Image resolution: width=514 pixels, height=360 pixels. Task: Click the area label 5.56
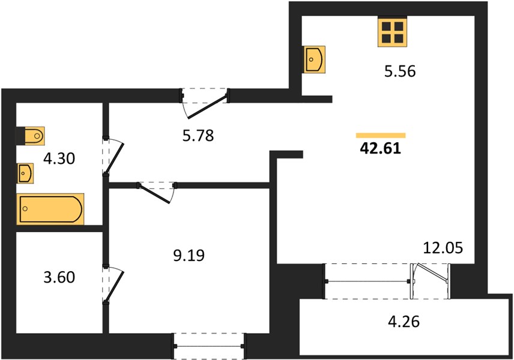point(400,71)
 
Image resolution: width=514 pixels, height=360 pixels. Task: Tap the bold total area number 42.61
point(380,148)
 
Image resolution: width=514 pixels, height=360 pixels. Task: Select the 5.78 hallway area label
point(198,135)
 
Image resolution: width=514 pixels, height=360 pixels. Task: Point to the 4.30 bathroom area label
point(59,158)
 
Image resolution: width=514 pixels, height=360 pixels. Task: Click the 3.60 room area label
point(59,277)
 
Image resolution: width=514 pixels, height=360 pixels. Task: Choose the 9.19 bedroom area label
point(189,256)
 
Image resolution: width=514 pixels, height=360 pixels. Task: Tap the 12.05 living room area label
point(443,248)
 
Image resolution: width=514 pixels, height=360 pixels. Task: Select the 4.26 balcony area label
point(404,322)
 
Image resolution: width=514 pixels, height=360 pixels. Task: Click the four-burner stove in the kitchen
point(392,32)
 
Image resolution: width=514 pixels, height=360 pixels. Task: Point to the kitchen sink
point(315,59)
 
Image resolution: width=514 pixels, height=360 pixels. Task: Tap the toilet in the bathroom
point(31,136)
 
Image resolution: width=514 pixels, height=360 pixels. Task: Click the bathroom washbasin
point(25,173)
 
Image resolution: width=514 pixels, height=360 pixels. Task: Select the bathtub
point(50,209)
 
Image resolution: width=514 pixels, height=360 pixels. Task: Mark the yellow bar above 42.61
point(381,135)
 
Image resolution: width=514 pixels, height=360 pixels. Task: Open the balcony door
point(431,280)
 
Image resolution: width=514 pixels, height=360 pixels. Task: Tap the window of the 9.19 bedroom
point(209,346)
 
